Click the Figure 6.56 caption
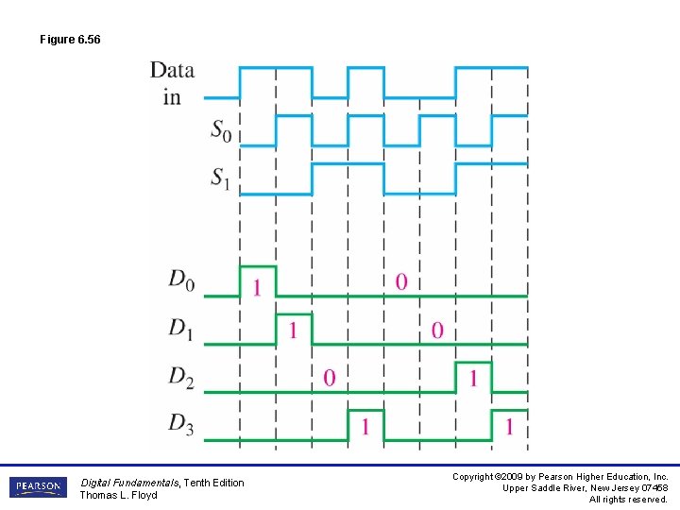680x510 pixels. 70,40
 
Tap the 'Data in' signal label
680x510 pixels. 172,83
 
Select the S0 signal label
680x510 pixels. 220,130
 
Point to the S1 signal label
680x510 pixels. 220,178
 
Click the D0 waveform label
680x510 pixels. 182,280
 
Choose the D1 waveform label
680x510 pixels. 182,328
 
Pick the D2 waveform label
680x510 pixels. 182,376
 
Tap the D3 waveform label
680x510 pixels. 182,423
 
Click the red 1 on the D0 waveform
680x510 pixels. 257,287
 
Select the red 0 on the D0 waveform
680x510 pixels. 401,281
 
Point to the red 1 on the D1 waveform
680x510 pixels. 293,331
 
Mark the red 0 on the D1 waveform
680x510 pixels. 436,331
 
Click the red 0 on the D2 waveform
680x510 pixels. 329,378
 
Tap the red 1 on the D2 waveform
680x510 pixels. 473,378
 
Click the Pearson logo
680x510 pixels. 38,487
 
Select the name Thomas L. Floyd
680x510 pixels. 118,495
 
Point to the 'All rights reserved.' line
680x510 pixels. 628,500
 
